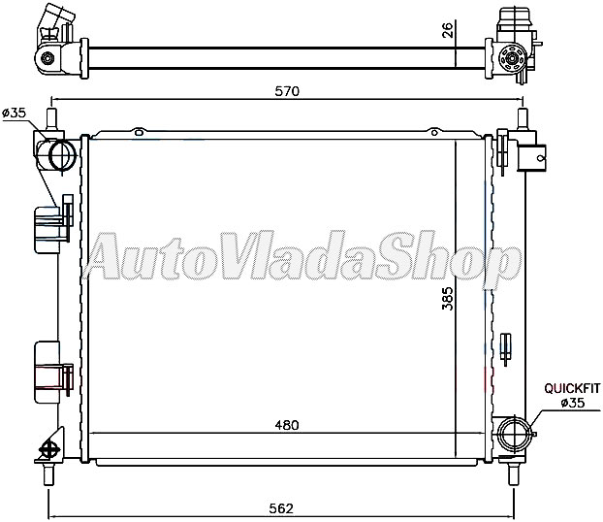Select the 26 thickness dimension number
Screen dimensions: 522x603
(447, 31)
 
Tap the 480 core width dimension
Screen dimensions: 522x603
(287, 424)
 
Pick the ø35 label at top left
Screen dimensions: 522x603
(15, 114)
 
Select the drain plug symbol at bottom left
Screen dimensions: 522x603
(48, 450)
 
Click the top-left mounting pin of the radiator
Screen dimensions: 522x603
(51, 120)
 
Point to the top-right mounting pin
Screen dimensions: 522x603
(523, 120)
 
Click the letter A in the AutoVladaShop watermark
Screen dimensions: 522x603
(109, 258)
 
